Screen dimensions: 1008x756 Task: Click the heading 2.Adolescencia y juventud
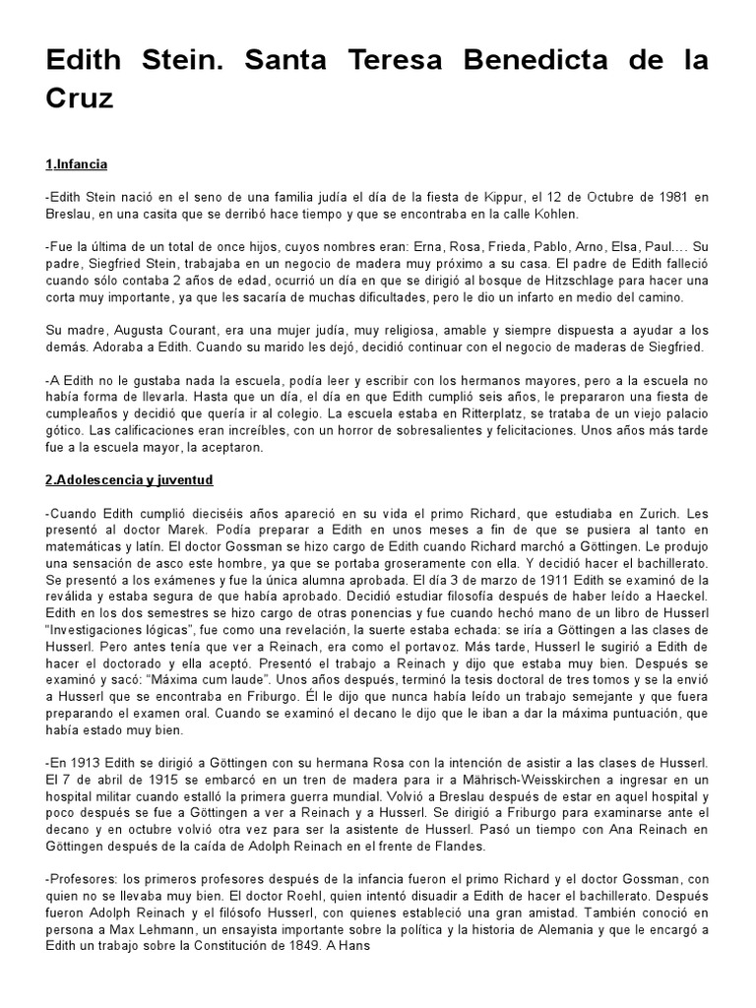(x=129, y=479)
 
